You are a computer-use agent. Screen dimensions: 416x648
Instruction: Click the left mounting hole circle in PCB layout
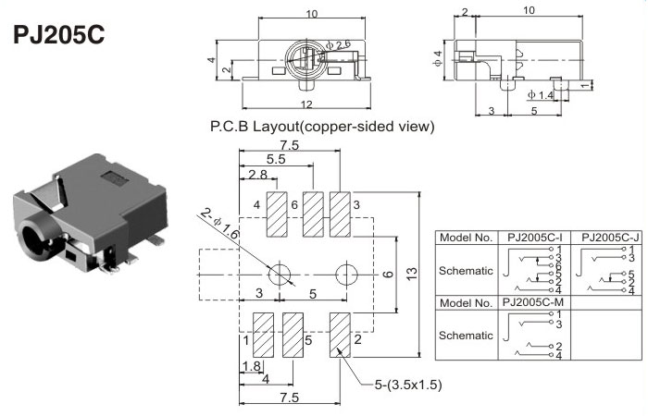[x=280, y=275]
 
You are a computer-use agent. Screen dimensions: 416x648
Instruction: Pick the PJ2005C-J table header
[x=607, y=238]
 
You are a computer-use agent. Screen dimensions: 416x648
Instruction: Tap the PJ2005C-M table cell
[x=535, y=302]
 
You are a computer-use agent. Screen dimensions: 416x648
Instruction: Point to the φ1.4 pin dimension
[x=541, y=94]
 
